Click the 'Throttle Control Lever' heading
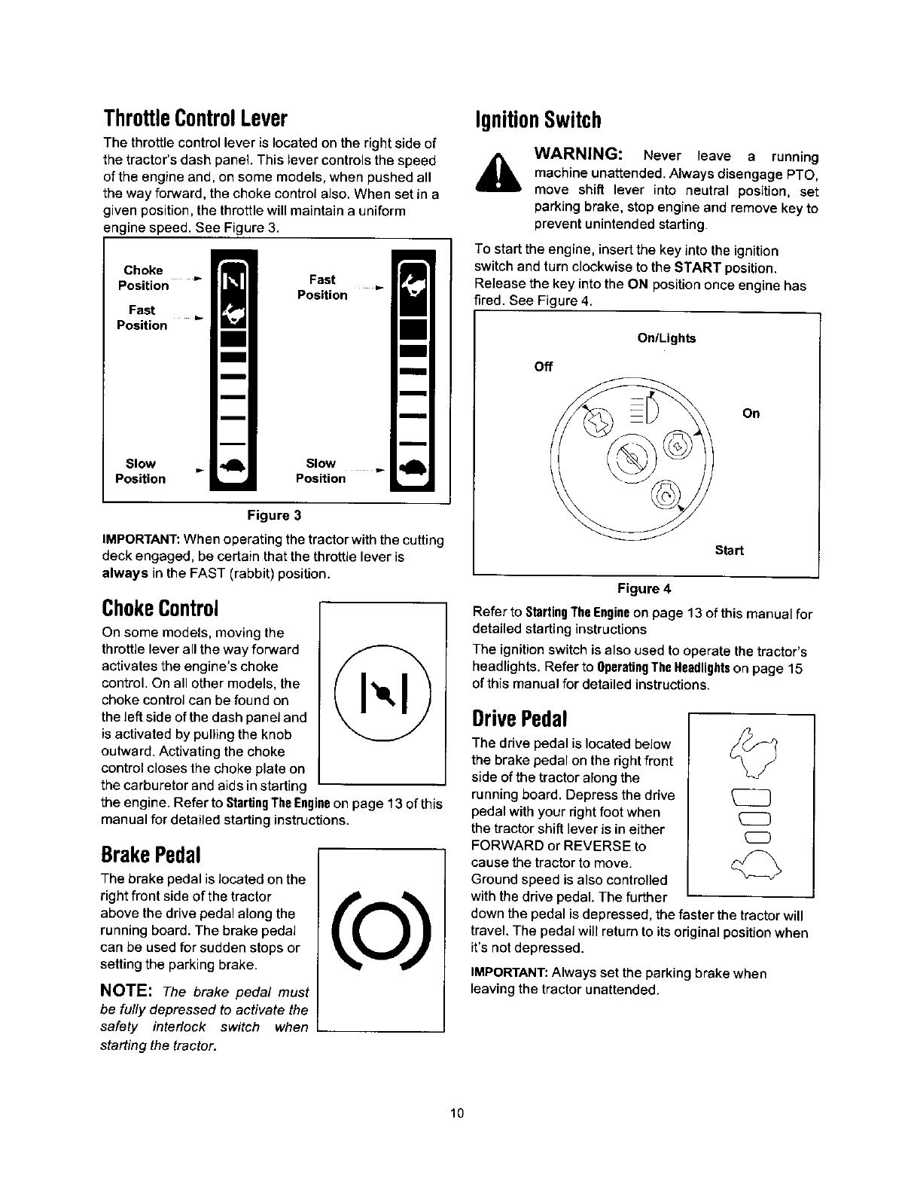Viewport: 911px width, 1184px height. tap(195, 119)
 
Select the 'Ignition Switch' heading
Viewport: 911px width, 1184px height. tap(538, 120)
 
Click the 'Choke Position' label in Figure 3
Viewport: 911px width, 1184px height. tap(143, 277)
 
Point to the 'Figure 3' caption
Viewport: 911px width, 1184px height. tap(275, 515)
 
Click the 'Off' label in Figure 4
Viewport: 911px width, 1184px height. tap(543, 367)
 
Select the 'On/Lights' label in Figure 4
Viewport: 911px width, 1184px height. tap(666, 338)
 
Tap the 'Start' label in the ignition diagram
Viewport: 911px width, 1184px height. tap(729, 550)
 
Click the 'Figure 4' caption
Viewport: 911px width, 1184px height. tap(644, 587)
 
